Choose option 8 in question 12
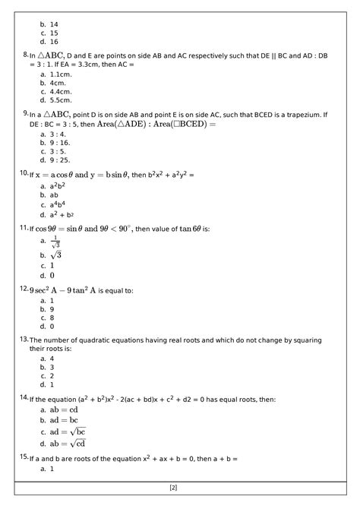[52, 318]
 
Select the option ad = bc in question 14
[64, 420]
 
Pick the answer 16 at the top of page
[54, 42]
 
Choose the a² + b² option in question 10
[60, 215]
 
